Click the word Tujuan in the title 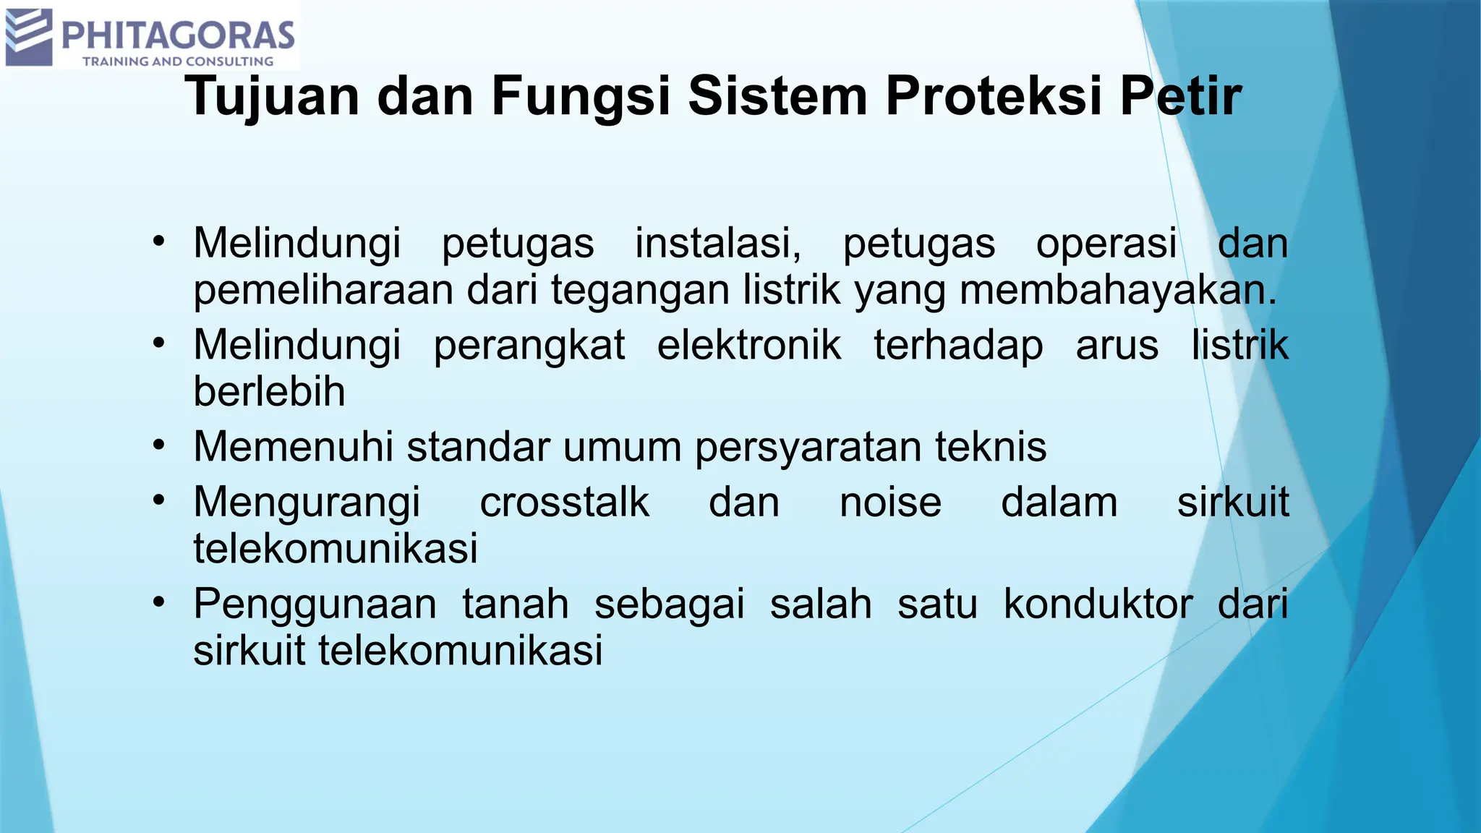click(x=272, y=97)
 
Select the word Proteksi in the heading click(x=995, y=97)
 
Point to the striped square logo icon click(x=29, y=37)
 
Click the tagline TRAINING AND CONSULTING click(x=178, y=61)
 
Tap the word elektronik click(x=749, y=345)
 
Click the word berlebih click(x=269, y=392)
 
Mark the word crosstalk click(x=564, y=502)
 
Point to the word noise click(x=890, y=502)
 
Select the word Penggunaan click(x=315, y=605)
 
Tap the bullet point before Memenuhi click(x=159, y=445)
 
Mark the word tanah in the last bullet click(x=516, y=604)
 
